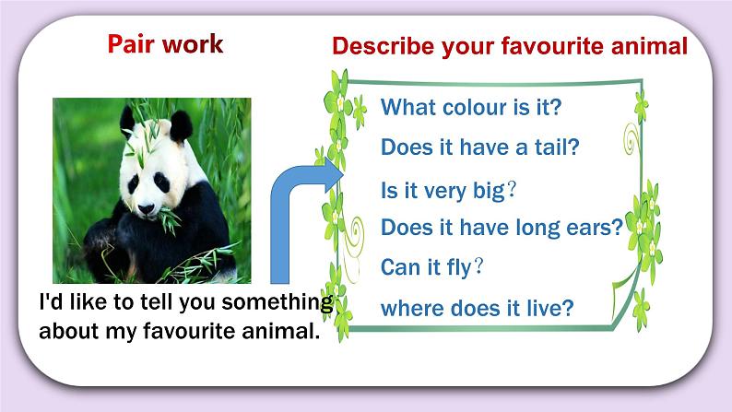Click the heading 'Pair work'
point(165,44)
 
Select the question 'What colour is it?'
point(470,107)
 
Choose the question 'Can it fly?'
point(432,267)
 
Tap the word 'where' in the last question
point(409,308)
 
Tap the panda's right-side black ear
point(182,124)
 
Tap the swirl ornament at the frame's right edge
point(633,143)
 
